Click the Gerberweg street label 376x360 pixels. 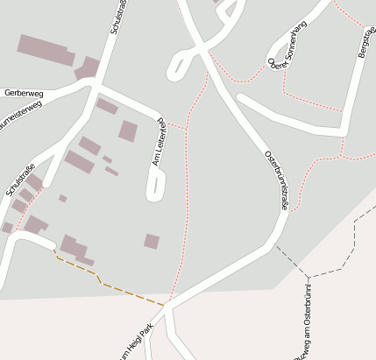[24, 92]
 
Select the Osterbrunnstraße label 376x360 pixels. [276, 180]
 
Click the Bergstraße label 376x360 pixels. [366, 42]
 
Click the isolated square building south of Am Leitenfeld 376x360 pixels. [152, 241]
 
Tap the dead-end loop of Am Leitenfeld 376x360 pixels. [156, 185]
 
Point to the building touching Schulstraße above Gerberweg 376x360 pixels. [88, 68]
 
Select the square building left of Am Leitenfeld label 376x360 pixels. [128, 131]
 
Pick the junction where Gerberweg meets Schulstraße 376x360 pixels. [93, 88]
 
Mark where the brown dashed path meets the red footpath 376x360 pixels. [165, 305]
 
